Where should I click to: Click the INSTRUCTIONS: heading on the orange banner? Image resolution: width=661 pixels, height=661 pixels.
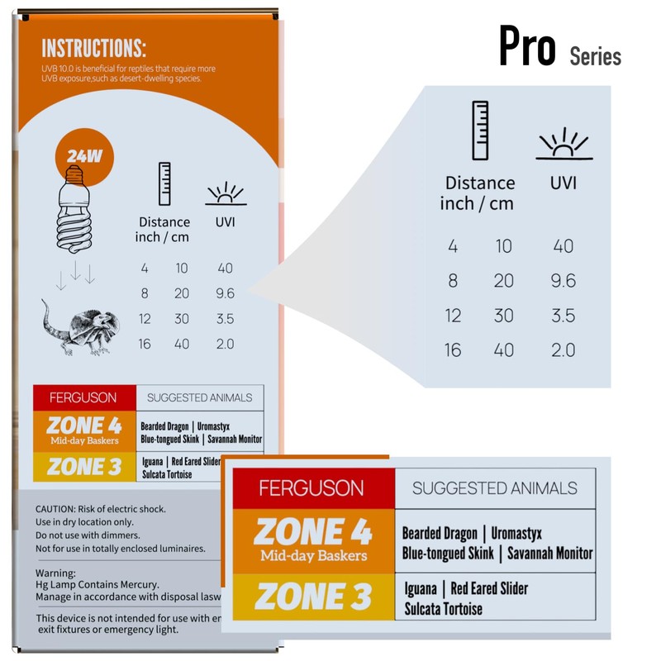[94, 47]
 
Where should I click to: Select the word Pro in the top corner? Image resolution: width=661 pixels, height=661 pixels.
[527, 48]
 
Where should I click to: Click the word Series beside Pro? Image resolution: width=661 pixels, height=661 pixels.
[595, 56]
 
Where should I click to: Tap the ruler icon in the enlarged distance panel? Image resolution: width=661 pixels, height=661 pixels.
[479, 130]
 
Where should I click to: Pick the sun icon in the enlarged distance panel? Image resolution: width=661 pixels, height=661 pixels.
[564, 144]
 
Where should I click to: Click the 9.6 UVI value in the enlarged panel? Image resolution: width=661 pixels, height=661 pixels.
[563, 281]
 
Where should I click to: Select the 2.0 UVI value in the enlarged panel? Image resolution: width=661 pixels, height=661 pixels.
[563, 350]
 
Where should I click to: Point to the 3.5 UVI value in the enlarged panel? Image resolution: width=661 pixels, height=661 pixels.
[563, 316]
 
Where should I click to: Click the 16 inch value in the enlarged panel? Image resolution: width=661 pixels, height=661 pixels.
[453, 350]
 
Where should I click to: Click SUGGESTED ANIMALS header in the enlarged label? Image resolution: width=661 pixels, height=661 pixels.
[494, 488]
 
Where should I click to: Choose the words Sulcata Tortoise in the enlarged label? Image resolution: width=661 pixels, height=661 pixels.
[443, 610]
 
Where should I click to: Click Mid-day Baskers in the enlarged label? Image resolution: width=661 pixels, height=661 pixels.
[313, 555]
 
